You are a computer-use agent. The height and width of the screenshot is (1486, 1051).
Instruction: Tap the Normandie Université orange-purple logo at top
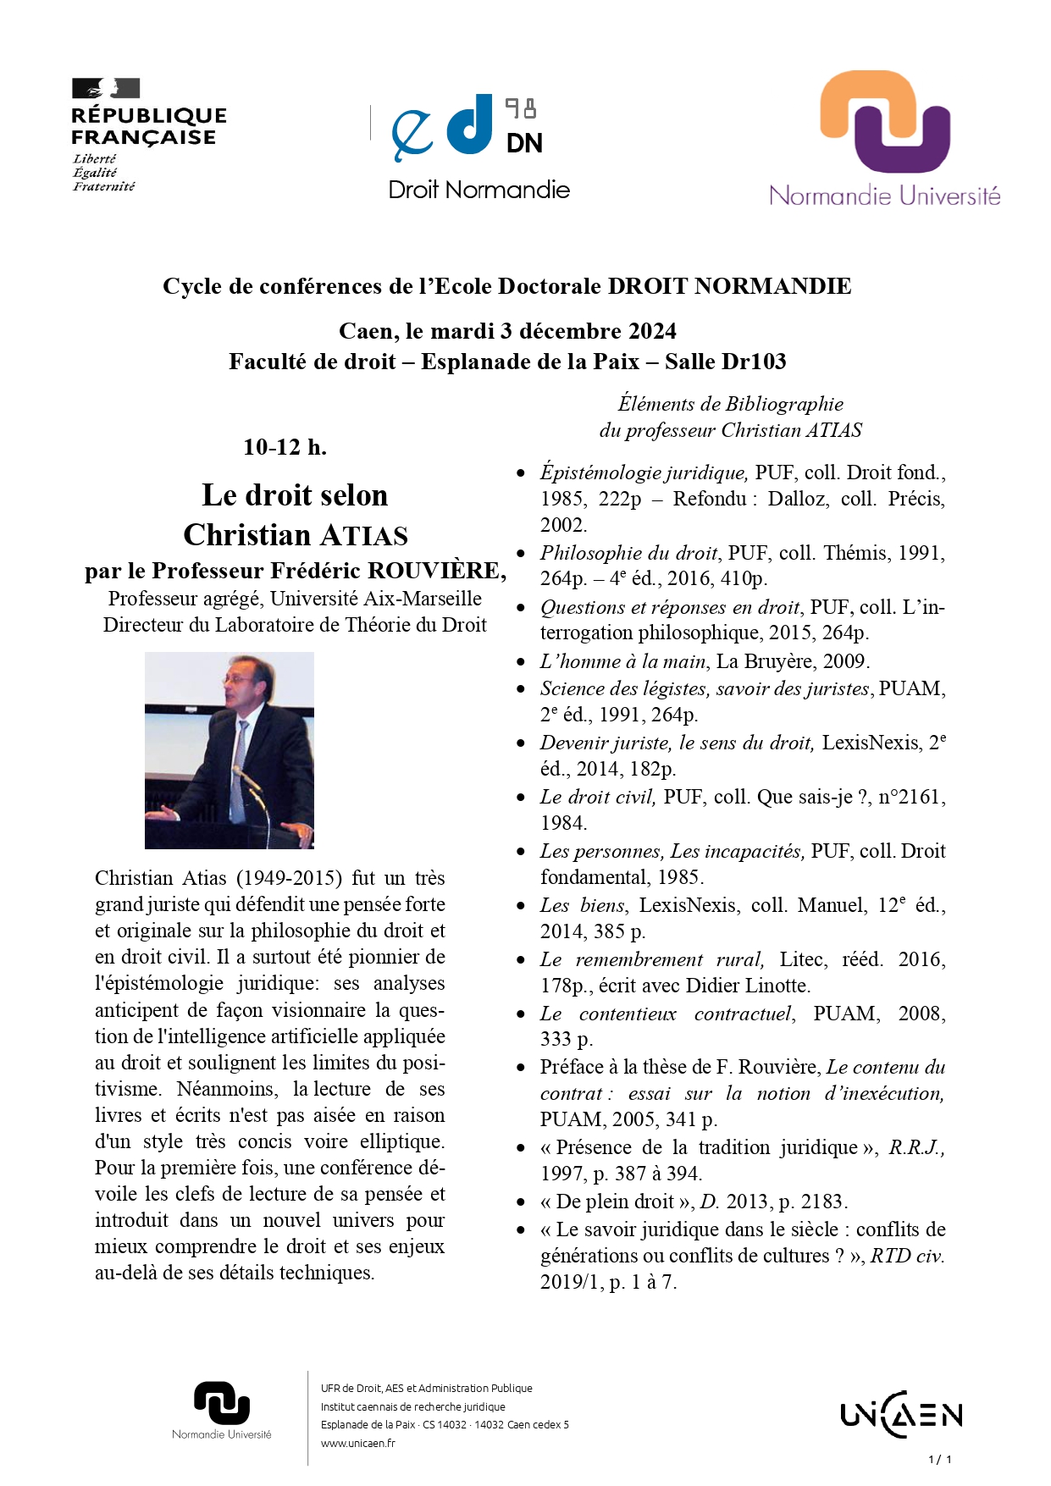(x=885, y=138)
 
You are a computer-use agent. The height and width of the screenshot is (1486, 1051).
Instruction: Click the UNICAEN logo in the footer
(x=901, y=1414)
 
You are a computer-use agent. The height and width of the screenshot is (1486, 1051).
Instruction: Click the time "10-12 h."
(x=285, y=447)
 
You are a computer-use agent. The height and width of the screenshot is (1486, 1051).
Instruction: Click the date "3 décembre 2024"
(x=589, y=330)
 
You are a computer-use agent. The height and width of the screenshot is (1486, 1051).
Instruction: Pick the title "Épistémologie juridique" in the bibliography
(x=643, y=472)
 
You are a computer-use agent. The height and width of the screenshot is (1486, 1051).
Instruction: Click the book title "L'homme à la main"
(x=622, y=661)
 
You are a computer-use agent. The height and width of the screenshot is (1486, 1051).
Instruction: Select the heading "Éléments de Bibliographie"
(x=730, y=404)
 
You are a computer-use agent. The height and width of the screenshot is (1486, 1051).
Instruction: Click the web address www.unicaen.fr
(x=357, y=1443)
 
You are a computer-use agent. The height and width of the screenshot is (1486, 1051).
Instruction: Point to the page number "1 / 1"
(x=940, y=1459)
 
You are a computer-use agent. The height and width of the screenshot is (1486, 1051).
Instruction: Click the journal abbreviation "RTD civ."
(x=907, y=1256)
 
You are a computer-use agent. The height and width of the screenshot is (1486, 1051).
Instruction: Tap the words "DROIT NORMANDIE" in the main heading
(x=729, y=286)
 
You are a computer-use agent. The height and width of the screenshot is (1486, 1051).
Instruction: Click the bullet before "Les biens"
(x=522, y=906)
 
